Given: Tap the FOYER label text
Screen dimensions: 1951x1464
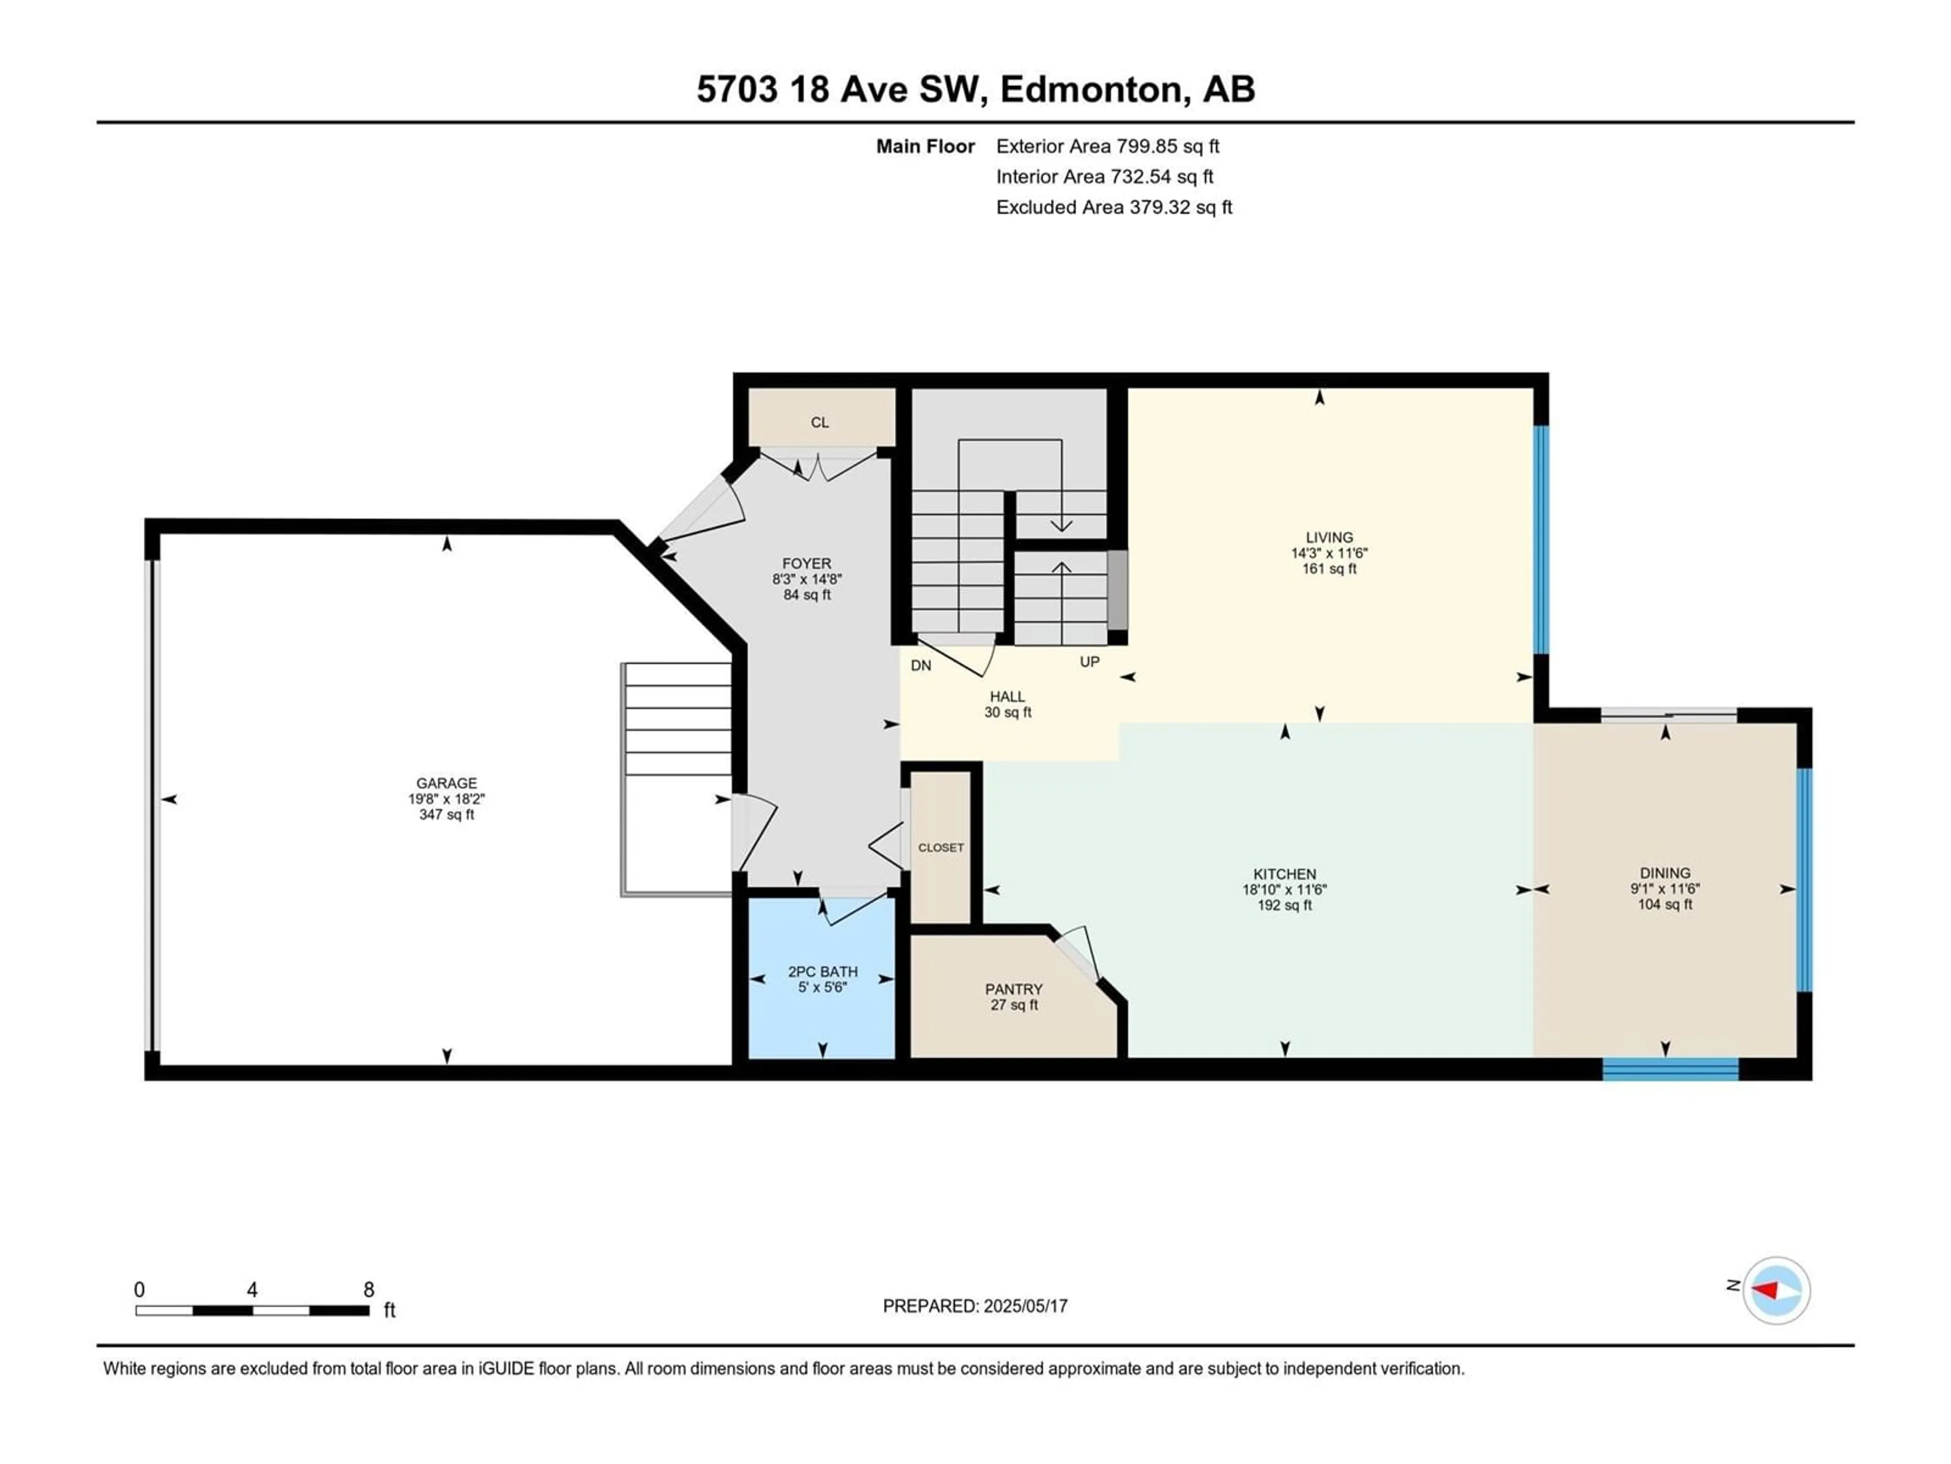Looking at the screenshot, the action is pyautogui.click(x=806, y=564).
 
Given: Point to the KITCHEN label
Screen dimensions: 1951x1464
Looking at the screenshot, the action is pyautogui.click(x=1284, y=874).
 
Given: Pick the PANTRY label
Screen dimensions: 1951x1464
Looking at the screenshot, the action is pyautogui.click(x=1014, y=989).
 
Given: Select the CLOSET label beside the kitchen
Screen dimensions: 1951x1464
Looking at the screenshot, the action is pyautogui.click(x=941, y=847).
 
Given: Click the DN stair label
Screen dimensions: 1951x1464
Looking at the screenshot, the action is pyautogui.click(x=921, y=665).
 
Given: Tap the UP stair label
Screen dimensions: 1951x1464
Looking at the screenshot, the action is pyautogui.click(x=1089, y=662).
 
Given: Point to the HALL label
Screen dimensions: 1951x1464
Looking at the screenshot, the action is pyautogui.click(x=1007, y=697).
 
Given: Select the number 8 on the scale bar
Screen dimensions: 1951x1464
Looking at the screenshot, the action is pyautogui.click(x=369, y=1289).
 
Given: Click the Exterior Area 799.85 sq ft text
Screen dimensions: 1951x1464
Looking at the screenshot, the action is pyautogui.click(x=1108, y=146).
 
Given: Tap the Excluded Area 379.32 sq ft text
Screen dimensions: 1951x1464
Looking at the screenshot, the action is pyautogui.click(x=1114, y=207).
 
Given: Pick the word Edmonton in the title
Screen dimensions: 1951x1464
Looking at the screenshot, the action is pyautogui.click(x=1090, y=89).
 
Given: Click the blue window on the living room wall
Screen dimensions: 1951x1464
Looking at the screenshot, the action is pyautogui.click(x=1541, y=540).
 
